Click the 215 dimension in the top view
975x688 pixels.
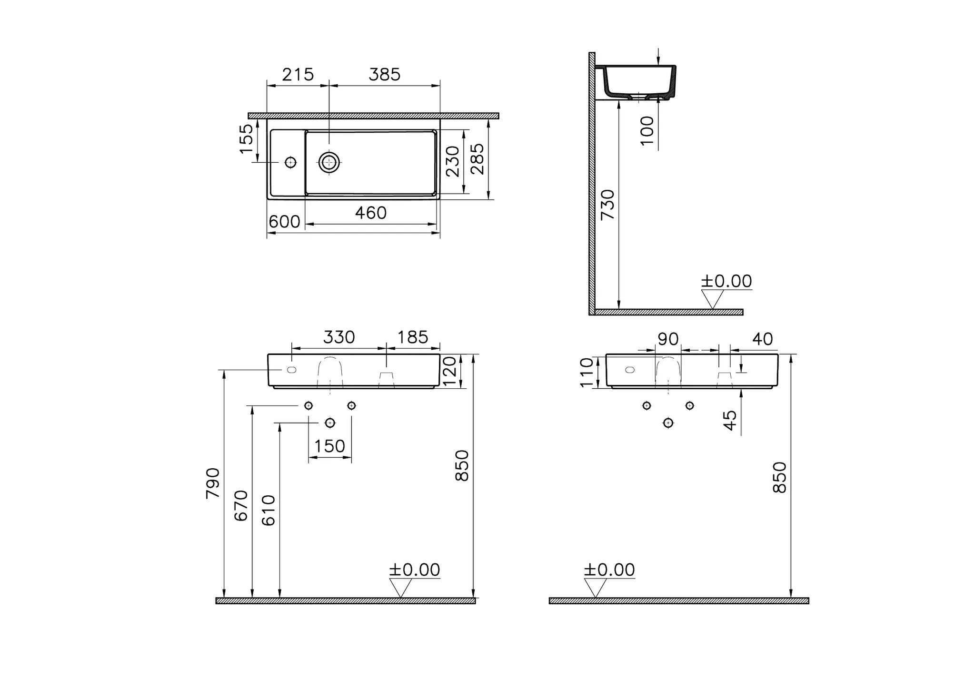(298, 75)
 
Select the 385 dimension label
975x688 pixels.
(385, 75)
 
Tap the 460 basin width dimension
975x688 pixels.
(370, 213)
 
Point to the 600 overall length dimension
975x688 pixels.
(284, 222)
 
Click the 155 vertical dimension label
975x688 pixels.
(246, 138)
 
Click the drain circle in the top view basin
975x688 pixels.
(329, 162)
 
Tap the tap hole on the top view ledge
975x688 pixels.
(290, 162)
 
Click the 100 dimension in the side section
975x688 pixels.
(647, 130)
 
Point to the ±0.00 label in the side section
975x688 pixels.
(726, 281)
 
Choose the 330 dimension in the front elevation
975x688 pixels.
(338, 337)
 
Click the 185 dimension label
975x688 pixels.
(412, 337)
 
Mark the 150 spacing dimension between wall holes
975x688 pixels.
(329, 446)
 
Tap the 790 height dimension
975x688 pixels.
(213, 483)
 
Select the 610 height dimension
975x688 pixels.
(269, 510)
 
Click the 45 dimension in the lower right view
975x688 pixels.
(730, 420)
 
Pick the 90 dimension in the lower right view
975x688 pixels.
(667, 339)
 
